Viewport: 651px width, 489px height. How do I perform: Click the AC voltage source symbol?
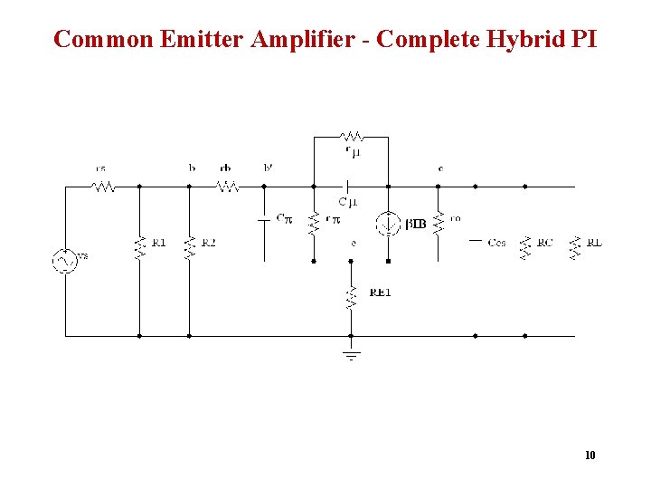(x=64, y=260)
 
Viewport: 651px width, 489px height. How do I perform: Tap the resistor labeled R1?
(x=139, y=247)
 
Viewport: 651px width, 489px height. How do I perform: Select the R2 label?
(x=209, y=243)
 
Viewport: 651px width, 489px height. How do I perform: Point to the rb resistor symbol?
(x=226, y=187)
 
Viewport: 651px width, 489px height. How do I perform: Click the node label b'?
(x=268, y=168)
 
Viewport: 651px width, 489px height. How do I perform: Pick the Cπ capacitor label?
(x=284, y=219)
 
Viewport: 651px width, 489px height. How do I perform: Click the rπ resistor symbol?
(x=314, y=223)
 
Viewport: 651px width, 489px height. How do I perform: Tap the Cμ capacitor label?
(x=347, y=202)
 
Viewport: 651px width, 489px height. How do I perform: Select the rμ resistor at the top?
(x=352, y=137)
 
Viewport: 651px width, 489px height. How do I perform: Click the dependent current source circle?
(x=388, y=223)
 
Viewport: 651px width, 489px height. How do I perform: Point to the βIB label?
(x=415, y=223)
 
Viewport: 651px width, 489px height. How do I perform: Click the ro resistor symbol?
(x=438, y=223)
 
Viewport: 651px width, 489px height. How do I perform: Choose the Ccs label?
(x=496, y=243)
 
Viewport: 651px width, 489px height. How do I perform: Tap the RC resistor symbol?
(x=524, y=247)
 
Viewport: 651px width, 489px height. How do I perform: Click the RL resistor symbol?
(x=574, y=247)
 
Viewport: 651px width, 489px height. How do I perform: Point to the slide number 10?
(x=590, y=455)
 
